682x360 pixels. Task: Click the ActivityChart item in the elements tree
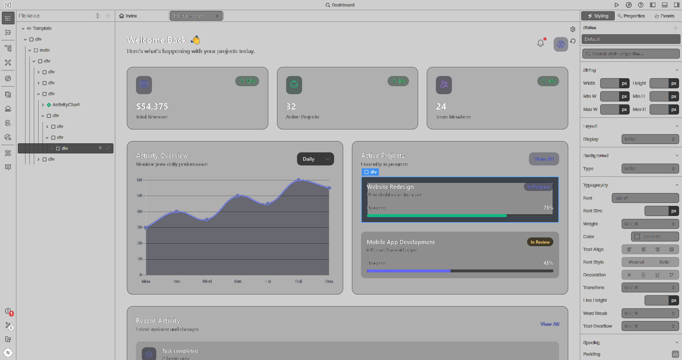pos(66,105)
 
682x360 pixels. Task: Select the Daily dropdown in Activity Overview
pos(315,159)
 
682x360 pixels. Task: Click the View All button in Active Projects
pos(543,159)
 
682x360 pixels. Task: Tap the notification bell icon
pos(541,44)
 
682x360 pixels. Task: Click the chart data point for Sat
pos(298,180)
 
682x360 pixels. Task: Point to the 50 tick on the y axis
pos(140,196)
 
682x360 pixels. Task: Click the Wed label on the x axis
pos(207,281)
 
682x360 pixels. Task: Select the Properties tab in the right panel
pos(631,16)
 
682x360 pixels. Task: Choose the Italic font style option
pos(664,262)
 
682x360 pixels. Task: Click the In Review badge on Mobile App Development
pos(540,242)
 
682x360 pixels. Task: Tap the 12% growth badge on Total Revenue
pos(247,81)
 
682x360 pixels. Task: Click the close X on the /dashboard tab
pos(217,16)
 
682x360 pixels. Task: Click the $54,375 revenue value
pos(152,107)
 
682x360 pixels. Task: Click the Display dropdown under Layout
pos(650,139)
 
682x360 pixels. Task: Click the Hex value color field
pos(654,237)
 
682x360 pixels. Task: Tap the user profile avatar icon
pos(561,44)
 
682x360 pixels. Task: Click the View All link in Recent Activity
pos(549,324)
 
